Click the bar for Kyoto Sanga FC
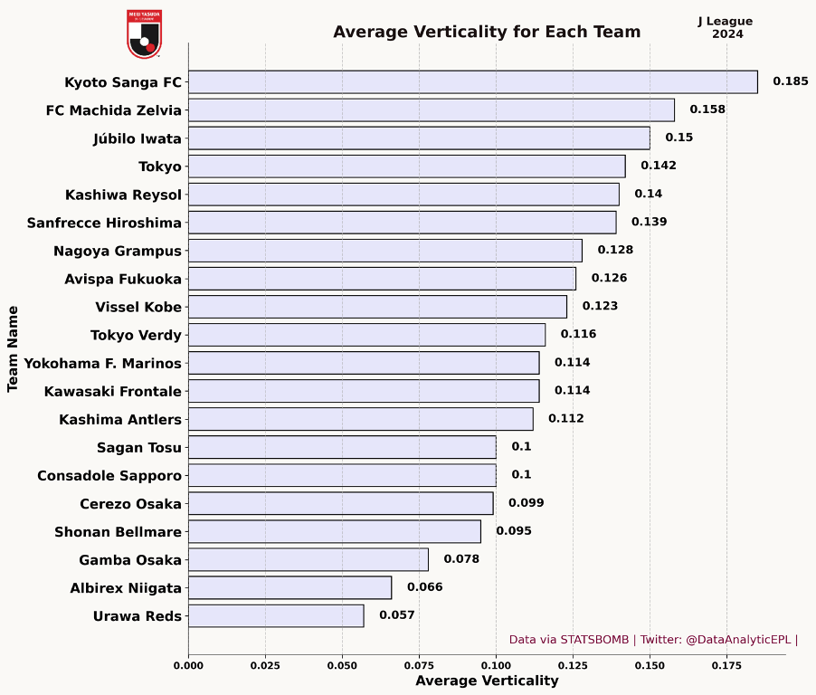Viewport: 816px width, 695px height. [x=472, y=81]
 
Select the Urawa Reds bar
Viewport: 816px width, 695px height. [x=276, y=616]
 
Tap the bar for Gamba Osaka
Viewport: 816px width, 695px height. [x=308, y=559]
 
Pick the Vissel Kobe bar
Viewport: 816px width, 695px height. [x=377, y=307]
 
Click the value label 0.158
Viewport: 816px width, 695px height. [x=707, y=109]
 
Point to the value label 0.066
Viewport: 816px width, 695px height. [x=424, y=587]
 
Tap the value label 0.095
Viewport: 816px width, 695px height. [x=514, y=531]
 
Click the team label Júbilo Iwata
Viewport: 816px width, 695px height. [x=137, y=138]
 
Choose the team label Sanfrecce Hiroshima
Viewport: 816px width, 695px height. [x=104, y=223]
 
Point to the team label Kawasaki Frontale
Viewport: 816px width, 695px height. [x=112, y=391]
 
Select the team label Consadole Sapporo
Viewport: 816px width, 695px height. [x=109, y=475]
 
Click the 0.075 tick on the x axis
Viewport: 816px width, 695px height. [x=342, y=666]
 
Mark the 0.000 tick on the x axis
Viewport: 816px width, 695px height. [x=188, y=666]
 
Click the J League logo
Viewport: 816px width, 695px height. [x=144, y=33]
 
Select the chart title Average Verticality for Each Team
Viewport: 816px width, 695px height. [x=487, y=33]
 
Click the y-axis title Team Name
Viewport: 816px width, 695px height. [x=13, y=348]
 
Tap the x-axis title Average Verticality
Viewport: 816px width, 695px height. [x=487, y=681]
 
